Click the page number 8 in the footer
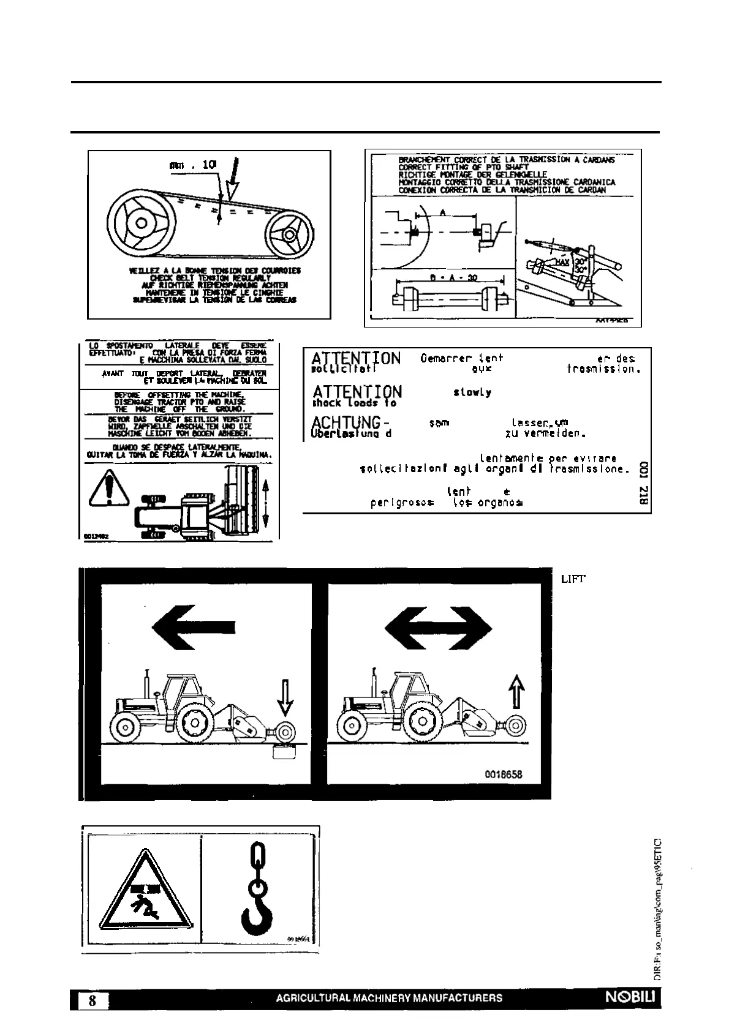[93, 1001]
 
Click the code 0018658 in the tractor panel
[504, 774]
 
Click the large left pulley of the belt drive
[140, 222]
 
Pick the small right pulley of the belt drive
[285, 234]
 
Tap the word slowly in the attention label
[472, 392]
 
